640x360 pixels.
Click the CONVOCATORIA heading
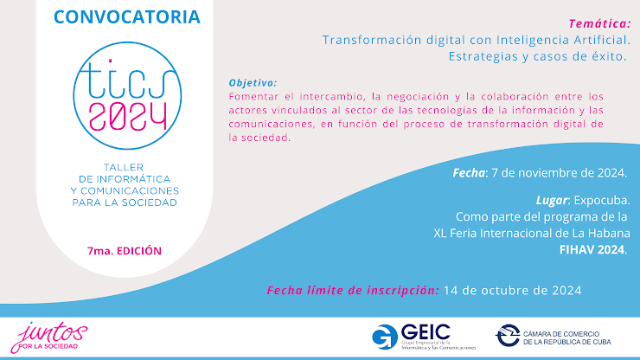coord(127,16)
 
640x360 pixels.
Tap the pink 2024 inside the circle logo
coord(127,113)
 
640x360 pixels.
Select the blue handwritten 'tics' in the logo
coord(126,75)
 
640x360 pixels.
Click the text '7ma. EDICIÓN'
coord(125,250)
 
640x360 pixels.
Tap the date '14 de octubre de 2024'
coord(511,290)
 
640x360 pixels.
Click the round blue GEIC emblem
coord(385,337)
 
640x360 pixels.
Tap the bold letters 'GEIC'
coord(424,331)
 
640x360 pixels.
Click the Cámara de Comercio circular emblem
coord(509,336)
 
